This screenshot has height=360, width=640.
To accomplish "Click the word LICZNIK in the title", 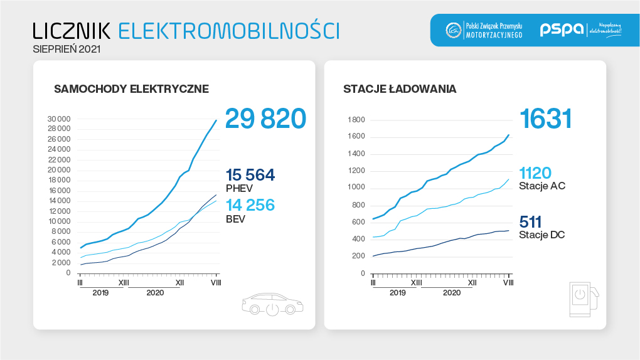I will pos(72,30).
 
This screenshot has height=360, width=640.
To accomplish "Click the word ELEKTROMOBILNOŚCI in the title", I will pos(228,30).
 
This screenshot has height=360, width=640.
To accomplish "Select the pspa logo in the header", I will pos(562,29).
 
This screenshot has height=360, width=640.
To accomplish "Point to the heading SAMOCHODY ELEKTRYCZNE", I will pos(131,89).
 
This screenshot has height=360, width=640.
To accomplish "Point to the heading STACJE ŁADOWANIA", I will pos(400,89).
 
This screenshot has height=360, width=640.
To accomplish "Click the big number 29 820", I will pos(265,119).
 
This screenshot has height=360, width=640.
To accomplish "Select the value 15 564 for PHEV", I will pos(250,175).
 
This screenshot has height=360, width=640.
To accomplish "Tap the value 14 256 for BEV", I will pos(250,205).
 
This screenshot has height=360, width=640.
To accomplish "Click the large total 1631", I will pos(545,119).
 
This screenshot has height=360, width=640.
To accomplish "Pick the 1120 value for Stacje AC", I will pos(535,172).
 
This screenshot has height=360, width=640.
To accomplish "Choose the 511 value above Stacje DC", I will pos(530,221).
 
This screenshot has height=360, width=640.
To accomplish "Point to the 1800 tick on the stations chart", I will pos(356,120).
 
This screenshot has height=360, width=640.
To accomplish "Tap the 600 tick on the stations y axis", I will pos(358,222).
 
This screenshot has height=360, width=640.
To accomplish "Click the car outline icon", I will pos(272,304).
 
